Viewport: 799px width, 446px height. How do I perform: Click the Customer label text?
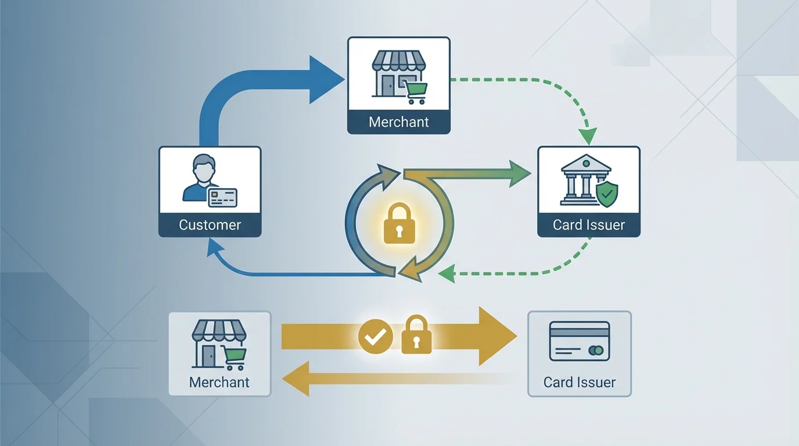coord(210,225)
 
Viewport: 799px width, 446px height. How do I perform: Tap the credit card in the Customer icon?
coord(222,197)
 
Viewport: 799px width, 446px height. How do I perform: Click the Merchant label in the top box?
coord(398,123)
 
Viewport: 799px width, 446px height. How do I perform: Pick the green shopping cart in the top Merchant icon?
coord(416,92)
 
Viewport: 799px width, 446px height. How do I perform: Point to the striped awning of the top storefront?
coord(398,60)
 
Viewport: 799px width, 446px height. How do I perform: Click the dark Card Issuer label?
coord(588,225)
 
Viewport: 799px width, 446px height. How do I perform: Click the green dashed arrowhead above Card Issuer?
coord(588,138)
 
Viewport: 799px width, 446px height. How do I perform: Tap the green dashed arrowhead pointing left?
coord(446,274)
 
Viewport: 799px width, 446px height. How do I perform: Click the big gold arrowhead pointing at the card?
coord(496,336)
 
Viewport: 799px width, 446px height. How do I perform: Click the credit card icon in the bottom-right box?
coord(579,341)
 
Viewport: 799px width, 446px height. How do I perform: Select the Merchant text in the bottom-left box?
coord(219,382)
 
